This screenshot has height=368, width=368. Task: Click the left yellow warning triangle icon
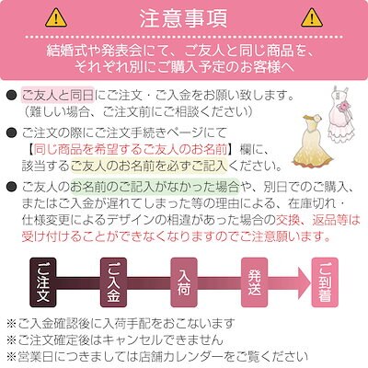[x=56, y=17]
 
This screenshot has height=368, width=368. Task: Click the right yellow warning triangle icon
[x=312, y=17]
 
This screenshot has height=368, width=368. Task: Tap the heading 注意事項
[x=184, y=18]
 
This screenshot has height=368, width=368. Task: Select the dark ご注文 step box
[x=43, y=282]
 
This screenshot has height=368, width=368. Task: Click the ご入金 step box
[x=113, y=282]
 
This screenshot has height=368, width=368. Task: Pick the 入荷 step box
[x=184, y=282]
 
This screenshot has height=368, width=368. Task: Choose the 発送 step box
[x=254, y=282]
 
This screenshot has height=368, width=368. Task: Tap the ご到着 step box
[x=325, y=282]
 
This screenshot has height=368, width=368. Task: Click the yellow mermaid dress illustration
[x=311, y=140]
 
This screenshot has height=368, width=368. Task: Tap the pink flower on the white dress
[x=341, y=107]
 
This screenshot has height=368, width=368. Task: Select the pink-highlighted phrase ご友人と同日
[x=58, y=96]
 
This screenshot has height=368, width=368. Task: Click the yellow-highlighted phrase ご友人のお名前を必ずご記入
[x=149, y=166]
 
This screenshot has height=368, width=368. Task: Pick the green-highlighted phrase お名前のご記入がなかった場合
[x=155, y=186]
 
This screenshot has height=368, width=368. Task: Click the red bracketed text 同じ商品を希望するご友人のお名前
[x=131, y=150]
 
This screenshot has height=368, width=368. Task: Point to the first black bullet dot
[x=12, y=96]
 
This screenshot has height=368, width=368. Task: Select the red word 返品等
[x=329, y=220]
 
